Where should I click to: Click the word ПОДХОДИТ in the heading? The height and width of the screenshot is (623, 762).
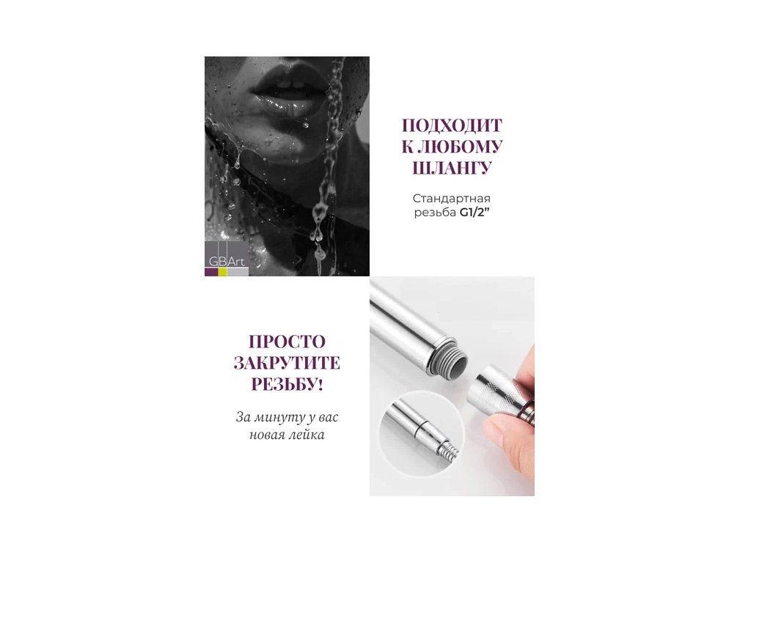click(452, 125)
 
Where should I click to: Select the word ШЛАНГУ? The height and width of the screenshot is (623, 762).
click(452, 168)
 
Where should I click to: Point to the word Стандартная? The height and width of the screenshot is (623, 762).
click(452, 198)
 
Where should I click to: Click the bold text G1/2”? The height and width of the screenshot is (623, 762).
click(474, 213)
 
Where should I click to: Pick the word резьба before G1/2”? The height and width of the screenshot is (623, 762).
click(435, 213)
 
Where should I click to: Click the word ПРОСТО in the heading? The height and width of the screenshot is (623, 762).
click(287, 342)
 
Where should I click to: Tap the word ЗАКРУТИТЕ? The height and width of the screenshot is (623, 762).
click(287, 363)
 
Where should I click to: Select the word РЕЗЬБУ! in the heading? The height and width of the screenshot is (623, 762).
click(287, 385)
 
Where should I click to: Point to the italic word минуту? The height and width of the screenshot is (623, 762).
click(285, 417)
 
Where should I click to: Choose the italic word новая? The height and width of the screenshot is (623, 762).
click(268, 435)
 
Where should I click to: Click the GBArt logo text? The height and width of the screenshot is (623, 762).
click(227, 261)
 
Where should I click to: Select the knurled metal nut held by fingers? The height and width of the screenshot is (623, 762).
click(494, 389)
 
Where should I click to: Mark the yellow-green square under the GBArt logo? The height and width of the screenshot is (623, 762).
click(223, 272)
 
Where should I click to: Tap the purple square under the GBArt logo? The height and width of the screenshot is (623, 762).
click(211, 272)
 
